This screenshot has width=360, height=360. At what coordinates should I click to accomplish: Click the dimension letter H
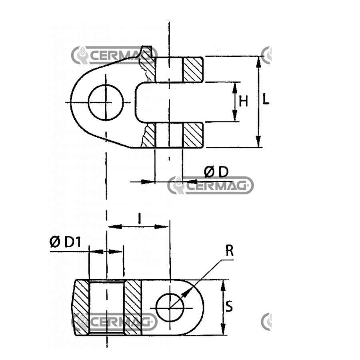coord(243,102)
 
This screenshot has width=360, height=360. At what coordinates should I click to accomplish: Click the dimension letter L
coord(266,99)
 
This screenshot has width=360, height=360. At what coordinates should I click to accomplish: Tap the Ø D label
coord(216,172)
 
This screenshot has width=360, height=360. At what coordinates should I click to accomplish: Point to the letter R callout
coord(229,250)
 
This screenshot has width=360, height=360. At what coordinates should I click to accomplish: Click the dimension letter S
coord(229,306)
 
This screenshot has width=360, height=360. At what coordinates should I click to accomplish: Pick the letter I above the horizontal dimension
coord(139,218)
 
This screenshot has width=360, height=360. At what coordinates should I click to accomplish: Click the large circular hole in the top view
coord(106,102)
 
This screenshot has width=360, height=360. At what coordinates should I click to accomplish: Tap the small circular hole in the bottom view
coord(170,308)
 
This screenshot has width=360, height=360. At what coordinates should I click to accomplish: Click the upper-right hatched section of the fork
coord(193,70)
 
